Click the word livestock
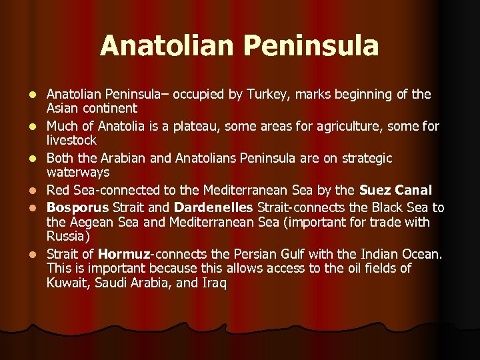click(x=71, y=141)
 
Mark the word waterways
click(x=77, y=173)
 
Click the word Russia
click(x=67, y=236)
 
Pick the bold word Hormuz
click(x=123, y=254)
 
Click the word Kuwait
click(x=66, y=283)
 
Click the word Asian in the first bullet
click(x=64, y=108)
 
